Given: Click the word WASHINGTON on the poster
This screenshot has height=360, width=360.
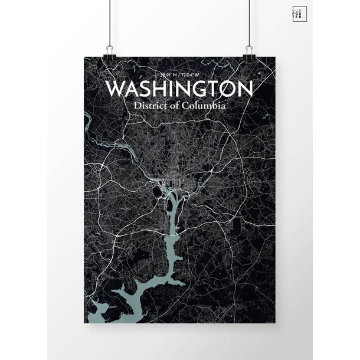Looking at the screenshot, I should click(x=179, y=89).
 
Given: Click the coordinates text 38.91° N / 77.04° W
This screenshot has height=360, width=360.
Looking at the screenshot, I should click(x=179, y=76).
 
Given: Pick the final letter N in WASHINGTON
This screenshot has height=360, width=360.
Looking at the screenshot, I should click(x=244, y=89).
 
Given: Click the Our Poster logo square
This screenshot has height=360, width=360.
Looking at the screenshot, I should click(x=299, y=15).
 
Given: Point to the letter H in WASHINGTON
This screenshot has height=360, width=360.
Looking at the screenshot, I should click(x=165, y=89).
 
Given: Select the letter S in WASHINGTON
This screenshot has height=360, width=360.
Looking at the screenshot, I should click(x=150, y=89).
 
